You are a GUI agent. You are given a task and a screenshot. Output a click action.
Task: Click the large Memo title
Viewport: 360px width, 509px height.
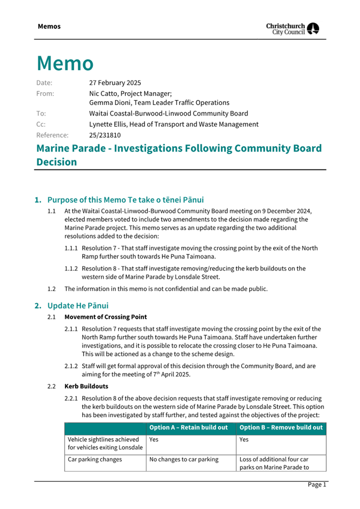[65, 63]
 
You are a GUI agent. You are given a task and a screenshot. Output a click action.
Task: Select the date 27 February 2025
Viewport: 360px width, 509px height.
[115, 83]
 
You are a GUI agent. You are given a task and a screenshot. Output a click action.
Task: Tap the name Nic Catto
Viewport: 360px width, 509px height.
[103, 93]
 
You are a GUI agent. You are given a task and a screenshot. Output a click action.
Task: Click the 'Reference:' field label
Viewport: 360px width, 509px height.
[52, 135]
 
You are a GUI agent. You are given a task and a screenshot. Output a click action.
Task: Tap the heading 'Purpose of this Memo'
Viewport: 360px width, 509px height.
[86, 200]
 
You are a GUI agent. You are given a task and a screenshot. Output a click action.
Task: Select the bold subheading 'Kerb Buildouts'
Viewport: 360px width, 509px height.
[86, 386]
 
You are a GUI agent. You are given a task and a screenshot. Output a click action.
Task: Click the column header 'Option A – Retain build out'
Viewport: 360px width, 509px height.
[188, 427]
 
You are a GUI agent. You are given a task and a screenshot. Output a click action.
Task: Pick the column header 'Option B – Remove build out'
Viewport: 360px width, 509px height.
[281, 427]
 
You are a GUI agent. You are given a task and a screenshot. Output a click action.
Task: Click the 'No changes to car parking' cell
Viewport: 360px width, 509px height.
[184, 459]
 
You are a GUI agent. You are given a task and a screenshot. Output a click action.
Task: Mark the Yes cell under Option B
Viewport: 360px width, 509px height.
[244, 440]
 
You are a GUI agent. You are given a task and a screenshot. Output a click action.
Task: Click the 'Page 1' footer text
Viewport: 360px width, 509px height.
[316, 484]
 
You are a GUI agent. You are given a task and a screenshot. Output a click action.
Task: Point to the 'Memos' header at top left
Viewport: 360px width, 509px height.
[49, 26]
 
